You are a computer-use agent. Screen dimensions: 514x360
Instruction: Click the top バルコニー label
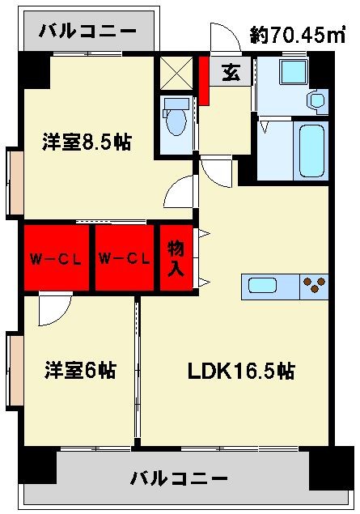tap(88, 32)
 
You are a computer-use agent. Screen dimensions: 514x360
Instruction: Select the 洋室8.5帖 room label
tap(87, 142)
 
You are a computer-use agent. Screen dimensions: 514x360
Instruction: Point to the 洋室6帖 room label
tap(79, 371)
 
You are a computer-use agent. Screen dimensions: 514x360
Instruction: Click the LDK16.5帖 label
tap(240, 371)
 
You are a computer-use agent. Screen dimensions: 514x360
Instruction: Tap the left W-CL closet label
tap(55, 259)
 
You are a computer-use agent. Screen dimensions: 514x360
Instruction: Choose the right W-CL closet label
tap(125, 259)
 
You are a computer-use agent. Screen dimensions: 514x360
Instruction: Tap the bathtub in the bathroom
tap(311, 151)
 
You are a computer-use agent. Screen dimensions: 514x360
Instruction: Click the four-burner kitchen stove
tap(315, 286)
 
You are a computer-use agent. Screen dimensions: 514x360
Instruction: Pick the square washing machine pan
tap(290, 73)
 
